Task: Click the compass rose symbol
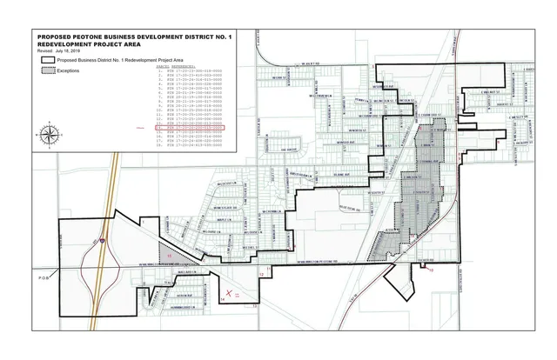(x=50, y=134)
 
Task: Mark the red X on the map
(x=230, y=294)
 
